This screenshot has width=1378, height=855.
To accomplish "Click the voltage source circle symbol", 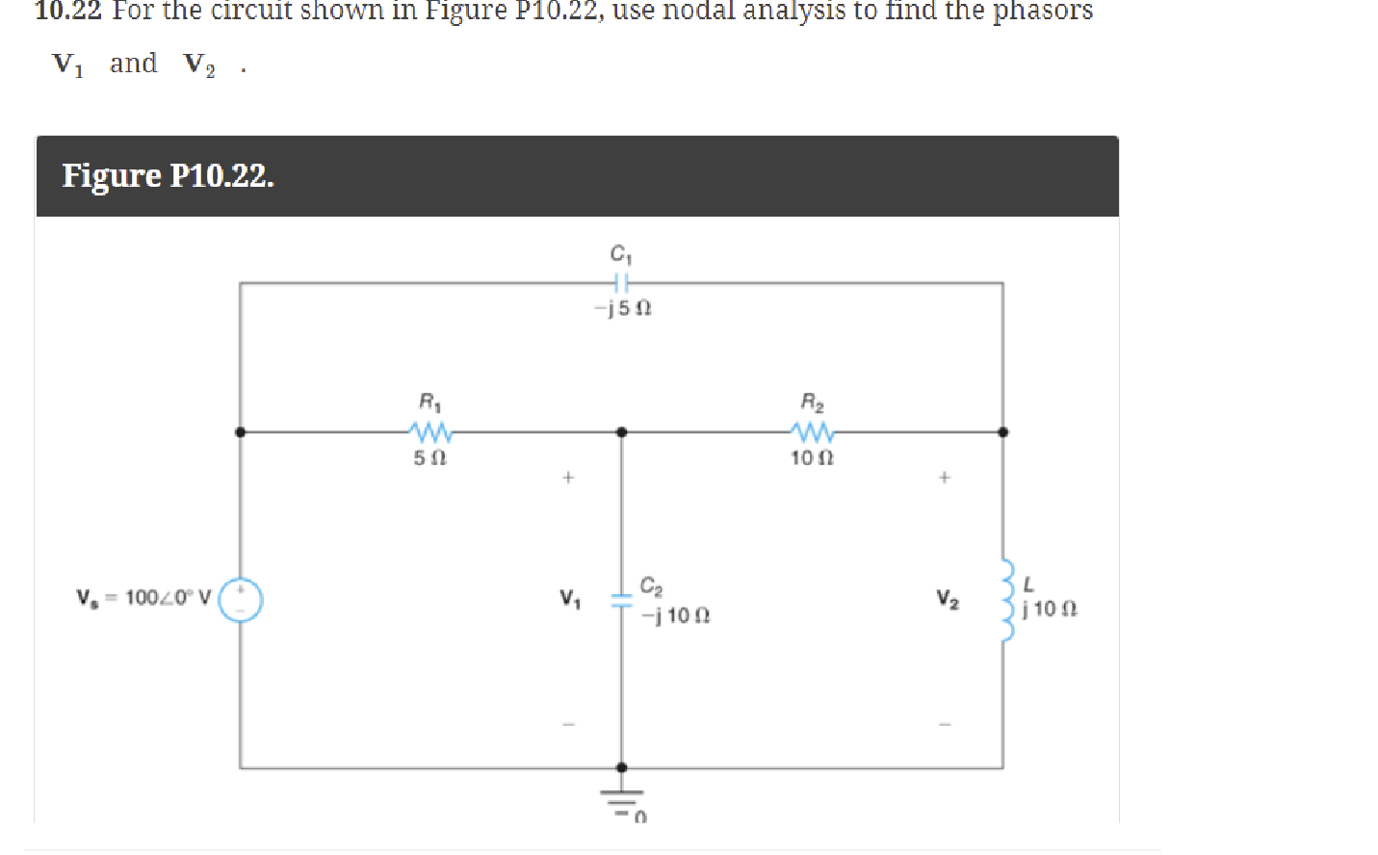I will pos(241,600).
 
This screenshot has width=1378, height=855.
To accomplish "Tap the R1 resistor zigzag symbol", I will pos(430,431).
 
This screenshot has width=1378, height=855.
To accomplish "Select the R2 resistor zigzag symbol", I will pos(813,431).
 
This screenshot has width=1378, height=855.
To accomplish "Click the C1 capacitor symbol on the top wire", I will pos(621,283).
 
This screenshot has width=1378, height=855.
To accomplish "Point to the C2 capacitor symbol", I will pos(621,599).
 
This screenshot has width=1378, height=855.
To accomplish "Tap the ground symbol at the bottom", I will pos(622,798).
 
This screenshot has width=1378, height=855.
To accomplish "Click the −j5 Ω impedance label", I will pos(623,308).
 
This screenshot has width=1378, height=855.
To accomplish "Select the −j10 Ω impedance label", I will pos(675,615).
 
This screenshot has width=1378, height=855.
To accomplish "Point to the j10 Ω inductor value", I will pos(1050,609).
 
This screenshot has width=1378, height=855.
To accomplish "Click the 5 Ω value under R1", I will pos(429,458).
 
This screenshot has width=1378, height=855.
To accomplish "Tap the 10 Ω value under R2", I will pos(812,458).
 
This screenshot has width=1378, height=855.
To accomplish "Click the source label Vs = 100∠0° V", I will pos(143,598).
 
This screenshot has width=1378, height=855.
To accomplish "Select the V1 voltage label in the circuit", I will pos(570,599).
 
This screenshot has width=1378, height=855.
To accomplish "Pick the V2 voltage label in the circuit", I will pos(948,599).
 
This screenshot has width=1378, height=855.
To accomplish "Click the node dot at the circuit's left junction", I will pos(240,432).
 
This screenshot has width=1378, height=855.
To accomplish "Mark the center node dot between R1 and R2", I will pos(621,432).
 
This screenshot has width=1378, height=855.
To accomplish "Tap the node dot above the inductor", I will pos(1002,432).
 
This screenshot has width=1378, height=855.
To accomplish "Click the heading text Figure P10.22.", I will pos(168,176).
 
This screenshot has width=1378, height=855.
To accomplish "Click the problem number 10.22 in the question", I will pos(67,11).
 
